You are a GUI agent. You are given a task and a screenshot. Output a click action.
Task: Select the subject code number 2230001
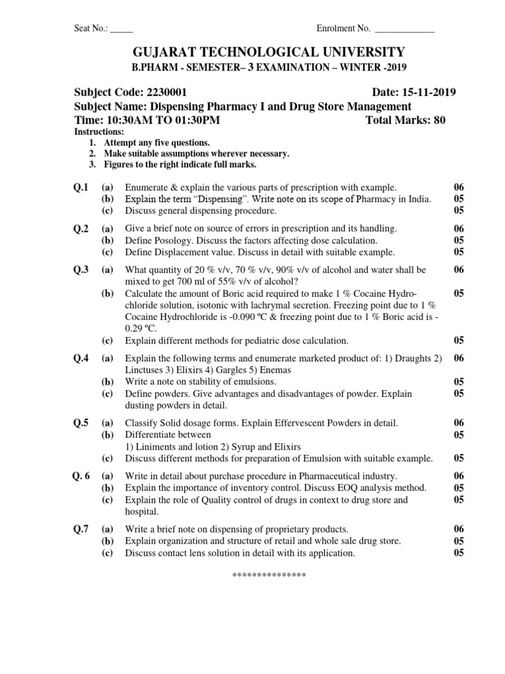(174, 93)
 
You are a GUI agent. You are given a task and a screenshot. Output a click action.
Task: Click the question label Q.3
(81, 270)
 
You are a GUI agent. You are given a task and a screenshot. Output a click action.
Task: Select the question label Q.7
(81, 529)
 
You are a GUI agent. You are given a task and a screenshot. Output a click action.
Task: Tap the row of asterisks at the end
(270, 576)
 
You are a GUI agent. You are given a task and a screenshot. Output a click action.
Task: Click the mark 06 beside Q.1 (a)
(459, 188)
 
